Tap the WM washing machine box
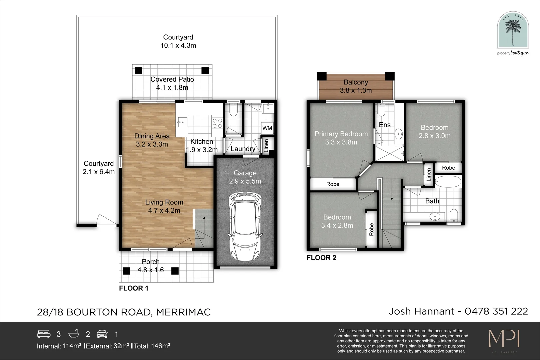pos(267,128)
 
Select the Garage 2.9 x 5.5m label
pos(245,177)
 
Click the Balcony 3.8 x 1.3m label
pos(356,86)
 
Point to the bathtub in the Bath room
pos(448,182)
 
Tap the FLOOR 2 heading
pos(321,258)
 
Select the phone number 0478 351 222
pos(496,311)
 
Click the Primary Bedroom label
pos(341,134)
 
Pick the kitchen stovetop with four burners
pos(217,123)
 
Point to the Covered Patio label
pos(172,79)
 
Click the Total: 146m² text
pos(152,346)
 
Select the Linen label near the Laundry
pos(266,145)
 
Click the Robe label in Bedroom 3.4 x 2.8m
pos(371,229)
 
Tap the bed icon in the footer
pos(44,334)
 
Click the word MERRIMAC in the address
pos(183,312)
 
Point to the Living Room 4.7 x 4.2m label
pos(164,206)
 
